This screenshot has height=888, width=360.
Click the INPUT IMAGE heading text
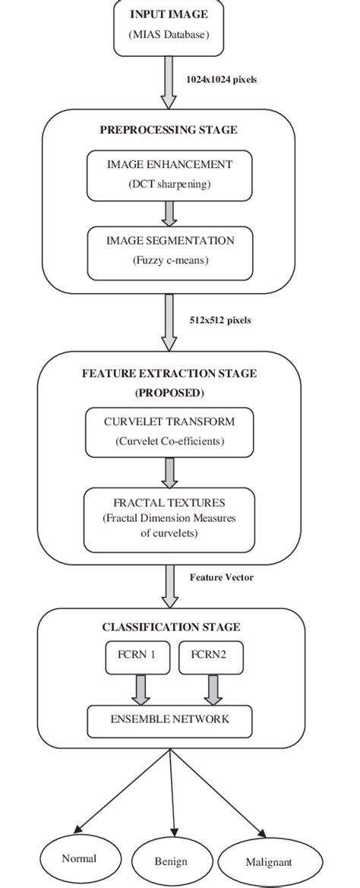169,14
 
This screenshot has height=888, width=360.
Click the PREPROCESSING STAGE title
169,130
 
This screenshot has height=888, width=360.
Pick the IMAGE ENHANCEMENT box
168,174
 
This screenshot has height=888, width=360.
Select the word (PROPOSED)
169,393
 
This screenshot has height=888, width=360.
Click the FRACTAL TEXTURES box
169,520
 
